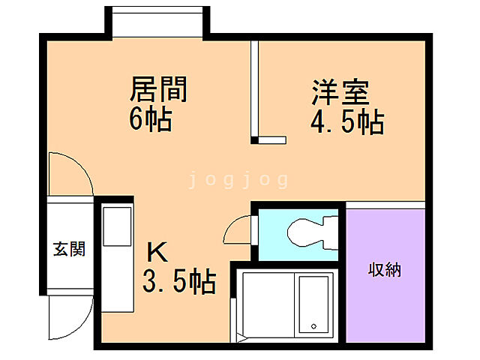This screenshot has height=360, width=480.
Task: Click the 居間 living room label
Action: [158, 90]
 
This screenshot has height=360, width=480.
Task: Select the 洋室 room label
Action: [340, 94]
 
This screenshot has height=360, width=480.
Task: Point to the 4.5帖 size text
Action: [347, 121]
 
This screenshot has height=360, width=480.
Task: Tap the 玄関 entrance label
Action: [68, 249]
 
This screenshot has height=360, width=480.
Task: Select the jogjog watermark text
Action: [238, 179]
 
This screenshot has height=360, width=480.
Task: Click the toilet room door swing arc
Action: [238, 227]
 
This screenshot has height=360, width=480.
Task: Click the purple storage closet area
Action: [384, 300]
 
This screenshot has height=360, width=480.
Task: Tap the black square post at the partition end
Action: [255, 139]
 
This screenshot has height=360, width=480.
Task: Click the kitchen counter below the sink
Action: [116, 285]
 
